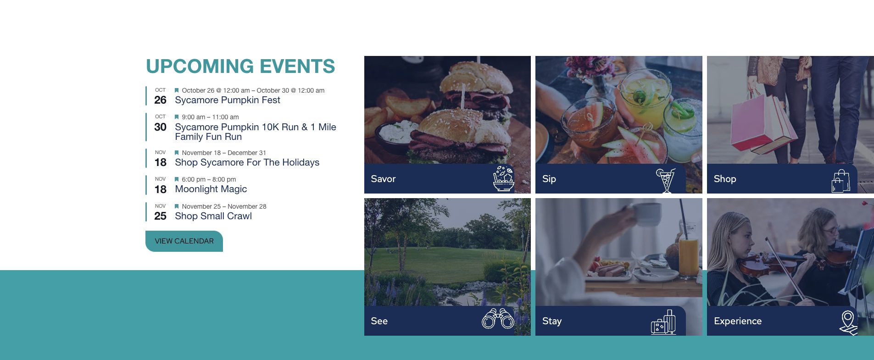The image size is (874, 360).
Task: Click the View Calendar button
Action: point(184,241)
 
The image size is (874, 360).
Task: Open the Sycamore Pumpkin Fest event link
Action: point(228,100)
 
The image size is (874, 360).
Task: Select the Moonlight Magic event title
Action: point(211,189)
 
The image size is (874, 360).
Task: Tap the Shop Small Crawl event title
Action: point(213,216)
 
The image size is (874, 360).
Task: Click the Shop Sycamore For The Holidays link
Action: point(247,162)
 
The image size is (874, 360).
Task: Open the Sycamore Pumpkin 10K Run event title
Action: point(256,132)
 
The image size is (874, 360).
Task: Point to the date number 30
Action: point(160,127)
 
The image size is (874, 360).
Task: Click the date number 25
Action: point(160,216)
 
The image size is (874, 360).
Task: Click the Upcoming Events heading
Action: point(240,66)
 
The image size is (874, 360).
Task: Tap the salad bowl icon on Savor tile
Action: point(503,178)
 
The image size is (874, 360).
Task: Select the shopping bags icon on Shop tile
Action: point(841,181)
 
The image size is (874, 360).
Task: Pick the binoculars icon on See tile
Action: point(498,319)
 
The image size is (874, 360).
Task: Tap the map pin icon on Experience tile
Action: point(848,322)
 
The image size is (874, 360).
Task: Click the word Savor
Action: point(383,179)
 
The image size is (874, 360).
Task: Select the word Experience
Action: point(738,321)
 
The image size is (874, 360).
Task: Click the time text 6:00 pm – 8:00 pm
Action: point(209,179)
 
